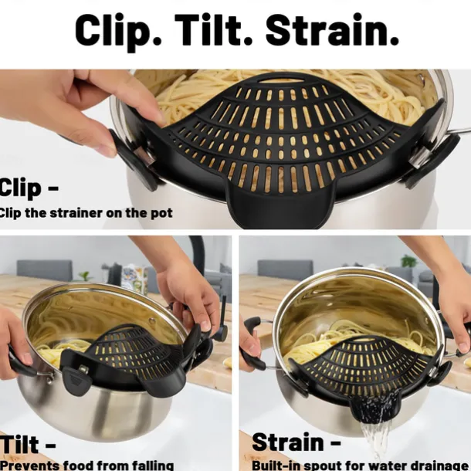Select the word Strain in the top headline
pyautogui.click(x=333, y=30)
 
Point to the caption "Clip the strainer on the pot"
pyautogui.click(x=86, y=212)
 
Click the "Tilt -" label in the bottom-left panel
pyautogui.click(x=28, y=446)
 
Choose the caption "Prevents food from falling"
pyautogui.click(x=86, y=464)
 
